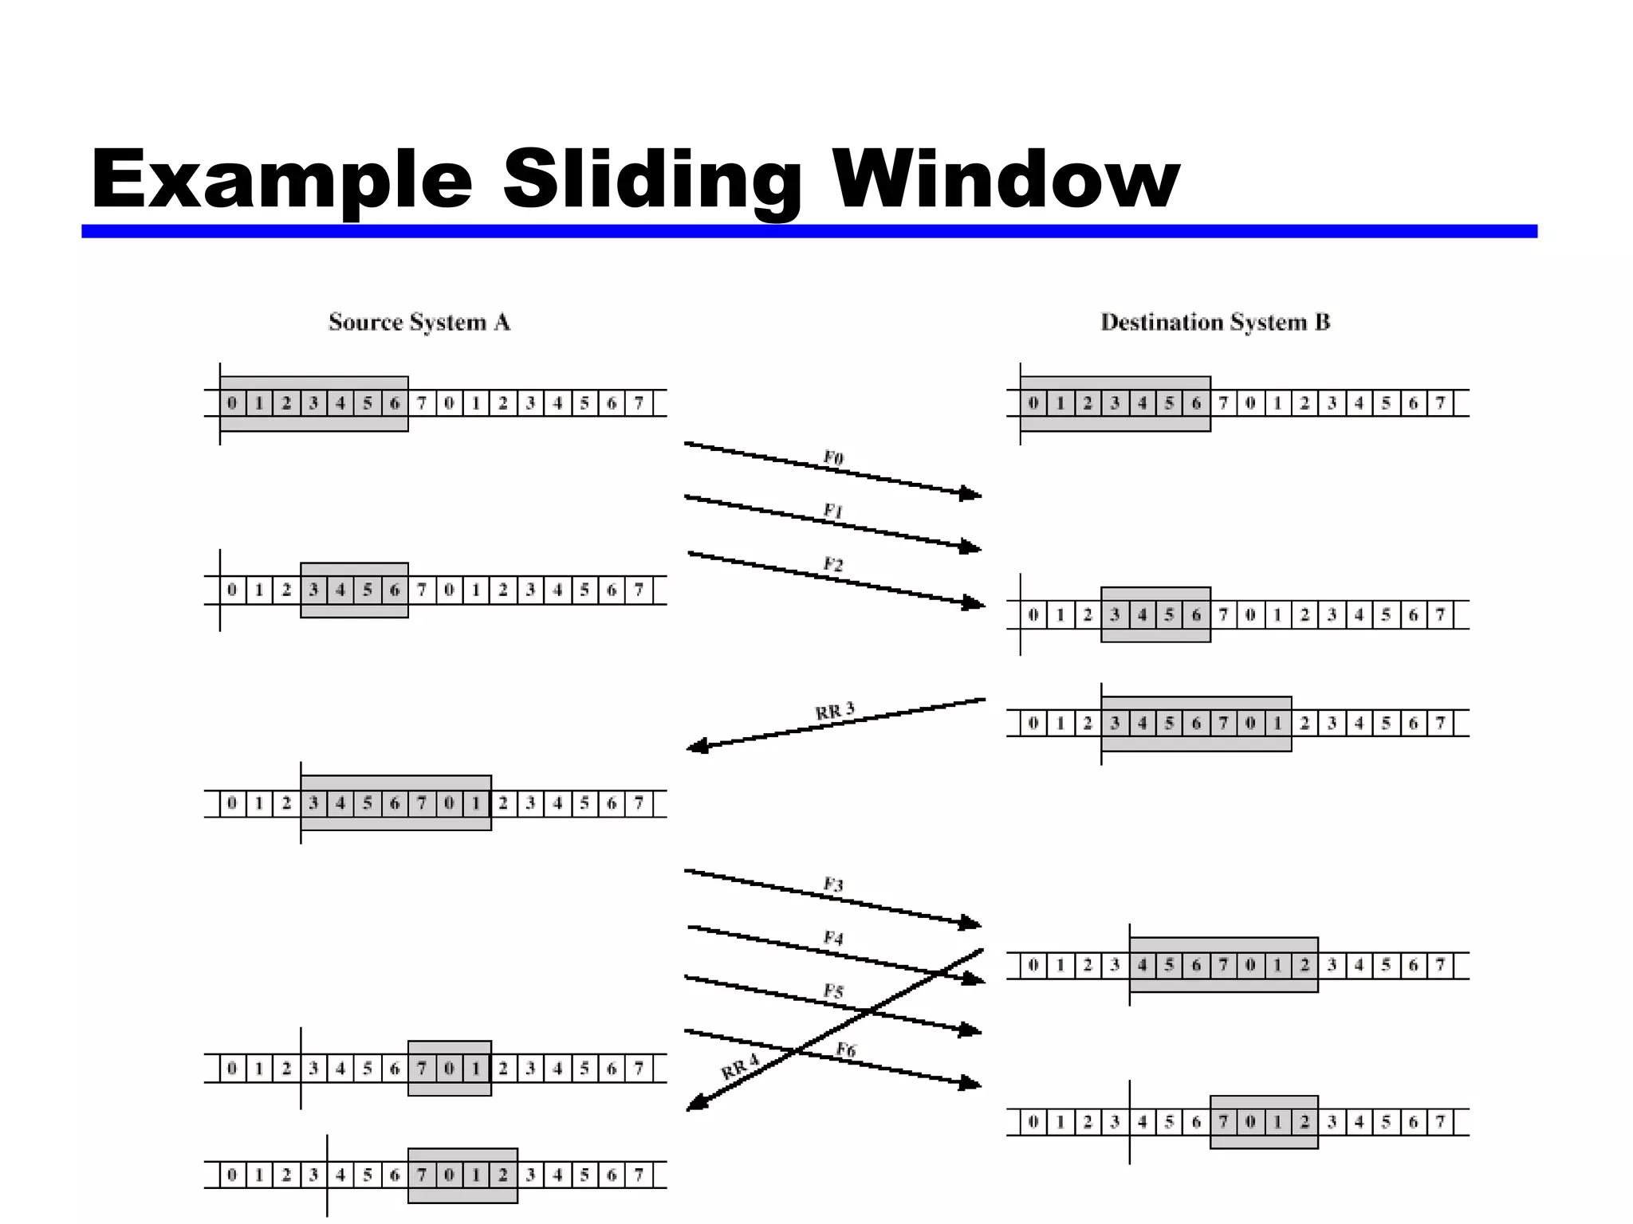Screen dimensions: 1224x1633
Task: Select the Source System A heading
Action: (419, 322)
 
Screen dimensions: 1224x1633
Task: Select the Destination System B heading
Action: (1215, 322)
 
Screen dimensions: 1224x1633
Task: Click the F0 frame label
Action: (833, 457)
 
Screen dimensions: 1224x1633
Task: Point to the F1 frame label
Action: (833, 511)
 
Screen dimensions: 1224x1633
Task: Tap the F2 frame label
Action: (833, 565)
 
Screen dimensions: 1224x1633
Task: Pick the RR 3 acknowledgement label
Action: (835, 710)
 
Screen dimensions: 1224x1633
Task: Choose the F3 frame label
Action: (833, 885)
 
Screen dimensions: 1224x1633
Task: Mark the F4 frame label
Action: (833, 938)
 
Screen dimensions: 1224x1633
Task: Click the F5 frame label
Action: (833, 991)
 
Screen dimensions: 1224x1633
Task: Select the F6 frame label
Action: (846, 1050)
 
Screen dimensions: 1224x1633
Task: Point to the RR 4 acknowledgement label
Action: (740, 1066)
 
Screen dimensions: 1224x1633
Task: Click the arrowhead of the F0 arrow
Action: (972, 494)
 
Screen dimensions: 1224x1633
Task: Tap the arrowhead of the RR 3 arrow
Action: (696, 747)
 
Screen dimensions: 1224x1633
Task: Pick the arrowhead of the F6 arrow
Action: (972, 1083)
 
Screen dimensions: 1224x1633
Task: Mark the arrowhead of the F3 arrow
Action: (972, 923)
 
